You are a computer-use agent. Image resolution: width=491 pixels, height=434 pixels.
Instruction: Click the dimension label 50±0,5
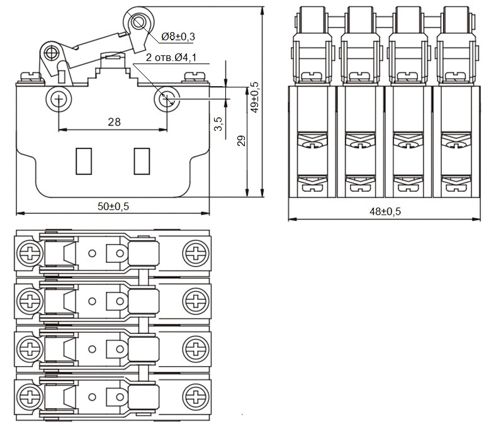(113, 206)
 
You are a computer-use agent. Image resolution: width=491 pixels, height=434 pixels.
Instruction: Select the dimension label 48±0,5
(385, 212)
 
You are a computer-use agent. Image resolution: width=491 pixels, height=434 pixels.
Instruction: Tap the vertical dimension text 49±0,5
(254, 97)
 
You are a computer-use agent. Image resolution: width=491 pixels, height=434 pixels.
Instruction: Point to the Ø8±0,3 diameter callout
(178, 36)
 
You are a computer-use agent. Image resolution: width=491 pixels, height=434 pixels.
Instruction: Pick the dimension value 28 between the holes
(113, 122)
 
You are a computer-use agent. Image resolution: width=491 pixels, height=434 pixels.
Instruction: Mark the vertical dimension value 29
(241, 141)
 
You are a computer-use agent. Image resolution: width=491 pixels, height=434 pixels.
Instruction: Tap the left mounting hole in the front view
(59, 99)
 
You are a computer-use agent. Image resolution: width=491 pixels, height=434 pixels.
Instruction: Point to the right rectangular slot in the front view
(142, 160)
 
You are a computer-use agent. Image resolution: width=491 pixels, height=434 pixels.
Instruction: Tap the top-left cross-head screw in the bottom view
(29, 253)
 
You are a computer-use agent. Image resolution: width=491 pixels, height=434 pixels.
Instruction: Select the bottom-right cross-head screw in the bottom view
(195, 397)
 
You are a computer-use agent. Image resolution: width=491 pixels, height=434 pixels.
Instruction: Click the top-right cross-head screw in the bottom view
(195, 253)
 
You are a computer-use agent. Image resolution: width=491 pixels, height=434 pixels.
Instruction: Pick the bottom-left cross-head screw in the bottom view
(29, 397)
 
